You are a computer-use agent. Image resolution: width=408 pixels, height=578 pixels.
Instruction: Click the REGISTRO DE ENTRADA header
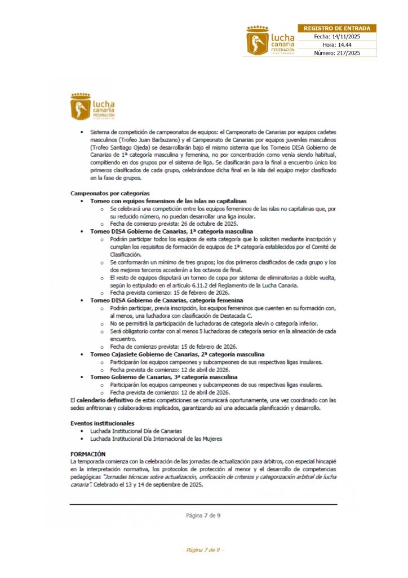tap(337, 28)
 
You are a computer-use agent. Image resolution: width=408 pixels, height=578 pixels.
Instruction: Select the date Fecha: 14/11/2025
tap(337, 36)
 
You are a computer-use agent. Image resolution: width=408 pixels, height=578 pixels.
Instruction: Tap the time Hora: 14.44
tap(337, 45)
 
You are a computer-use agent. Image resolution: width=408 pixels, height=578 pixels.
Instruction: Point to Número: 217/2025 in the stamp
tap(337, 53)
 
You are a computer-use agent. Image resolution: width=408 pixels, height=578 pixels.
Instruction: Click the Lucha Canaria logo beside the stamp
tap(269, 41)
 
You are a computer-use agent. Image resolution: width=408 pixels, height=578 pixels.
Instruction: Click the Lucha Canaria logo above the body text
tap(92, 107)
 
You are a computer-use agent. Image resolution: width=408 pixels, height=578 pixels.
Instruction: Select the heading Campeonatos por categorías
tap(110, 193)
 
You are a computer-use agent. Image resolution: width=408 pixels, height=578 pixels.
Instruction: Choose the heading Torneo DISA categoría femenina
tap(166, 300)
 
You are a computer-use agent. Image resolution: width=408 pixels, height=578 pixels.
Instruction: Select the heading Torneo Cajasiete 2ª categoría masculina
tap(177, 354)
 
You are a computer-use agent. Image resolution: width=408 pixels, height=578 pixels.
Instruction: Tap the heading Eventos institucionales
tap(102, 423)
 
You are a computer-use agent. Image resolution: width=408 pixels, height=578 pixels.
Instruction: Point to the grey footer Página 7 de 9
tap(203, 515)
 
